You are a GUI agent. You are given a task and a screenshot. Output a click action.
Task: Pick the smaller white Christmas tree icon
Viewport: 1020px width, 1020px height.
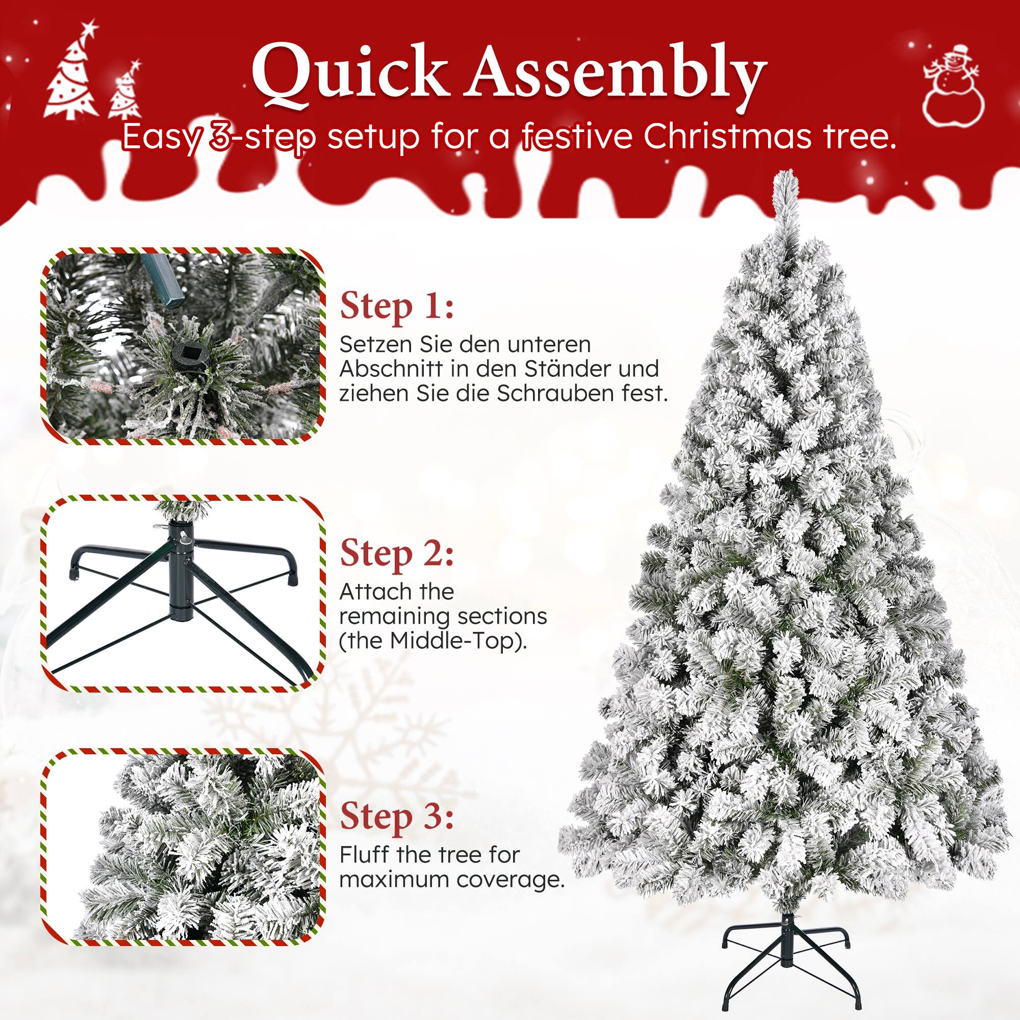[x=125, y=91]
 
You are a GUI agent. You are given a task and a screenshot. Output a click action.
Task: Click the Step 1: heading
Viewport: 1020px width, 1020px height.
[x=396, y=307]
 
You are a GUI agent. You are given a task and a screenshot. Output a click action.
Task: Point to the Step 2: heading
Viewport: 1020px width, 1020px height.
[x=396, y=554]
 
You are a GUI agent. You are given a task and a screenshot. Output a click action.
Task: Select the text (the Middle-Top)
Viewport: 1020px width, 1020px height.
[x=433, y=641]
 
